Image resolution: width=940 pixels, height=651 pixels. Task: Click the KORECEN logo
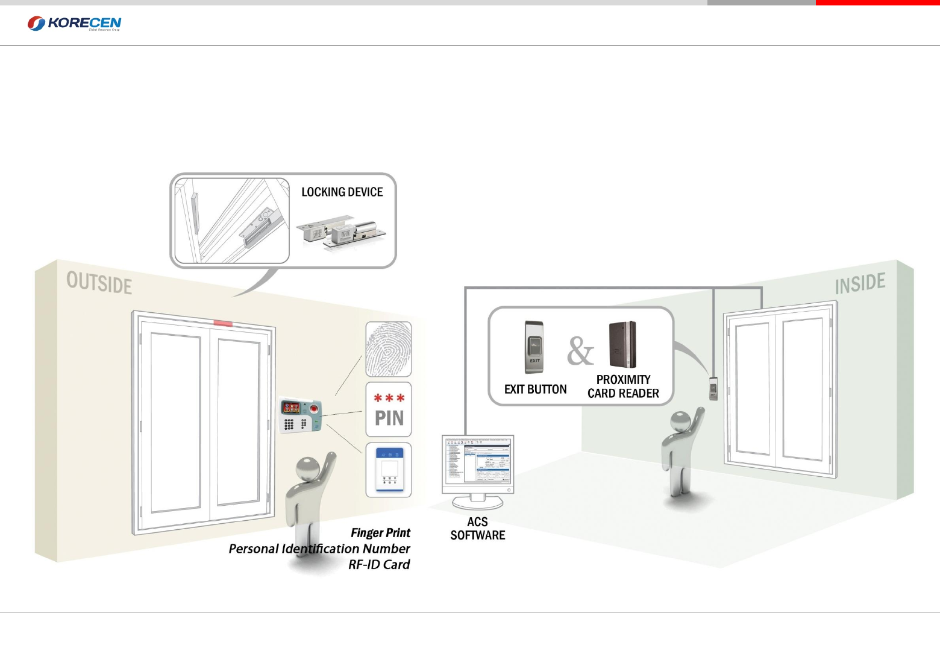[x=74, y=24]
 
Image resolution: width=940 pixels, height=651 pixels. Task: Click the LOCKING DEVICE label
[x=342, y=192]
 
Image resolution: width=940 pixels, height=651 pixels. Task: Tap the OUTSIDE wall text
[x=99, y=283]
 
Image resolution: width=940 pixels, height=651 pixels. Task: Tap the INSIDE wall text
[x=860, y=284]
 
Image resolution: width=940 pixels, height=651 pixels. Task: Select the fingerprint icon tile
[x=389, y=350]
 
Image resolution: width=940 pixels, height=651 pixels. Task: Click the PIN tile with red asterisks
[x=389, y=409]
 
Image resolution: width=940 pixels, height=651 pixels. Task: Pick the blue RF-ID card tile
[x=389, y=470]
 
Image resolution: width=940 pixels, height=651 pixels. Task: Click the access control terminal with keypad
[x=300, y=415]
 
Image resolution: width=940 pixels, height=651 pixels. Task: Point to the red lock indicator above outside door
[x=223, y=324]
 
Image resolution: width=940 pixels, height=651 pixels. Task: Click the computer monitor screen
[x=478, y=461]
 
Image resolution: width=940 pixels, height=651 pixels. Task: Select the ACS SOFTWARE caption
[x=478, y=529]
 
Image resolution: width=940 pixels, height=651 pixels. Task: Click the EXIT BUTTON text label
[x=535, y=389]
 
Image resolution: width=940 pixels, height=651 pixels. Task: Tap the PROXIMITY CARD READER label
[x=623, y=386]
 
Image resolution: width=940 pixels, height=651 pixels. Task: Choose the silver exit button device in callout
[x=534, y=347]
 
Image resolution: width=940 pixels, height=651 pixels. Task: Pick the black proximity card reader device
[x=622, y=345]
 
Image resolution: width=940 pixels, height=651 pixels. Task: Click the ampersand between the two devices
[x=580, y=351]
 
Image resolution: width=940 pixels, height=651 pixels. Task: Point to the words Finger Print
[x=380, y=533]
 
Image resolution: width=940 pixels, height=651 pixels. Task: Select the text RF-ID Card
[x=379, y=565]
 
